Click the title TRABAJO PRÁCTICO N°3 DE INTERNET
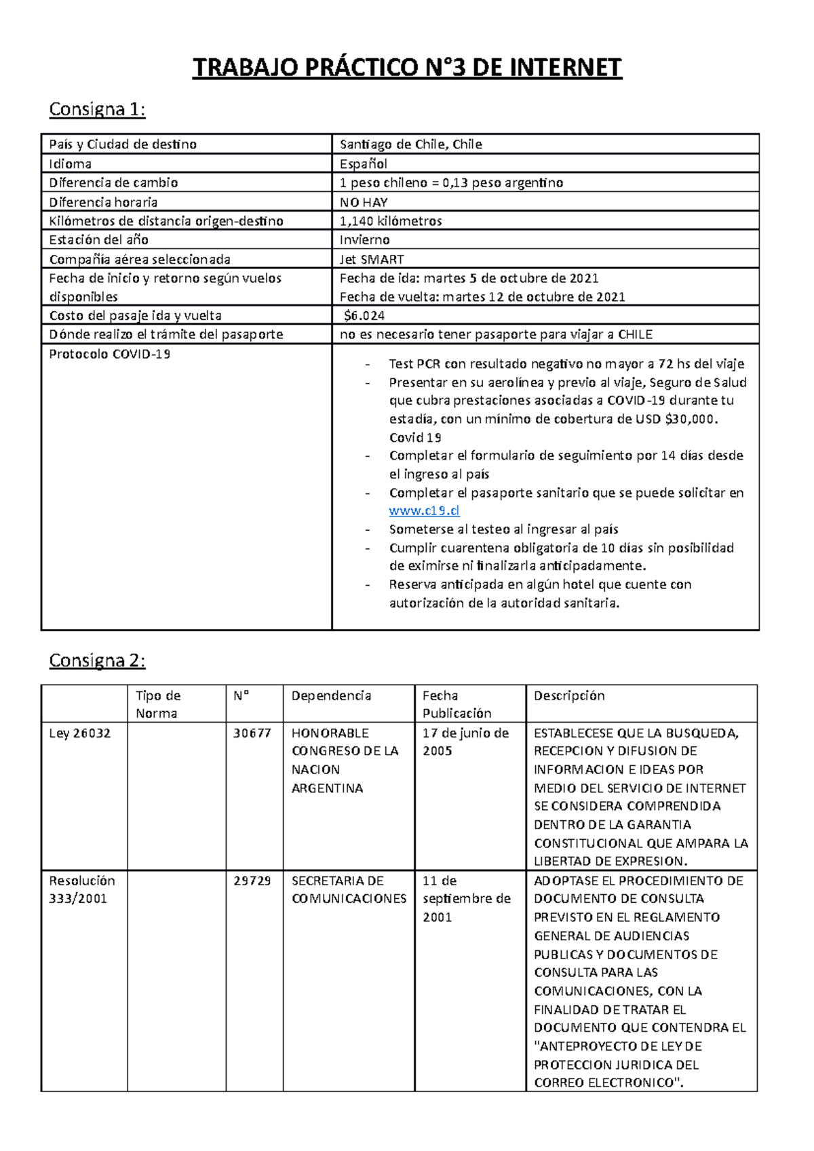[407, 68]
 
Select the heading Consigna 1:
[97, 109]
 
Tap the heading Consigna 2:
[97, 660]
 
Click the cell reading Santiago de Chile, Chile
[410, 144]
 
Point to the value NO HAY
[364, 202]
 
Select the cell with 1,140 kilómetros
[391, 221]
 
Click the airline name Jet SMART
[372, 259]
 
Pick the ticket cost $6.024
[364, 315]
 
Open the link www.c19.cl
[424, 511]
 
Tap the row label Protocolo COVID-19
[109, 354]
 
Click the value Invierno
[364, 240]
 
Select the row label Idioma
[70, 163]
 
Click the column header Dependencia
[331, 695]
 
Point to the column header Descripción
[568, 695]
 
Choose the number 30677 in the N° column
[252, 733]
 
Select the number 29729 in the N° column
[252, 881]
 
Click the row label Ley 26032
[79, 733]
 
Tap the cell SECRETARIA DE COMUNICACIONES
[349, 889]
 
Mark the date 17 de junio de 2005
[465, 742]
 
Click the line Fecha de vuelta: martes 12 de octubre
[482, 297]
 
